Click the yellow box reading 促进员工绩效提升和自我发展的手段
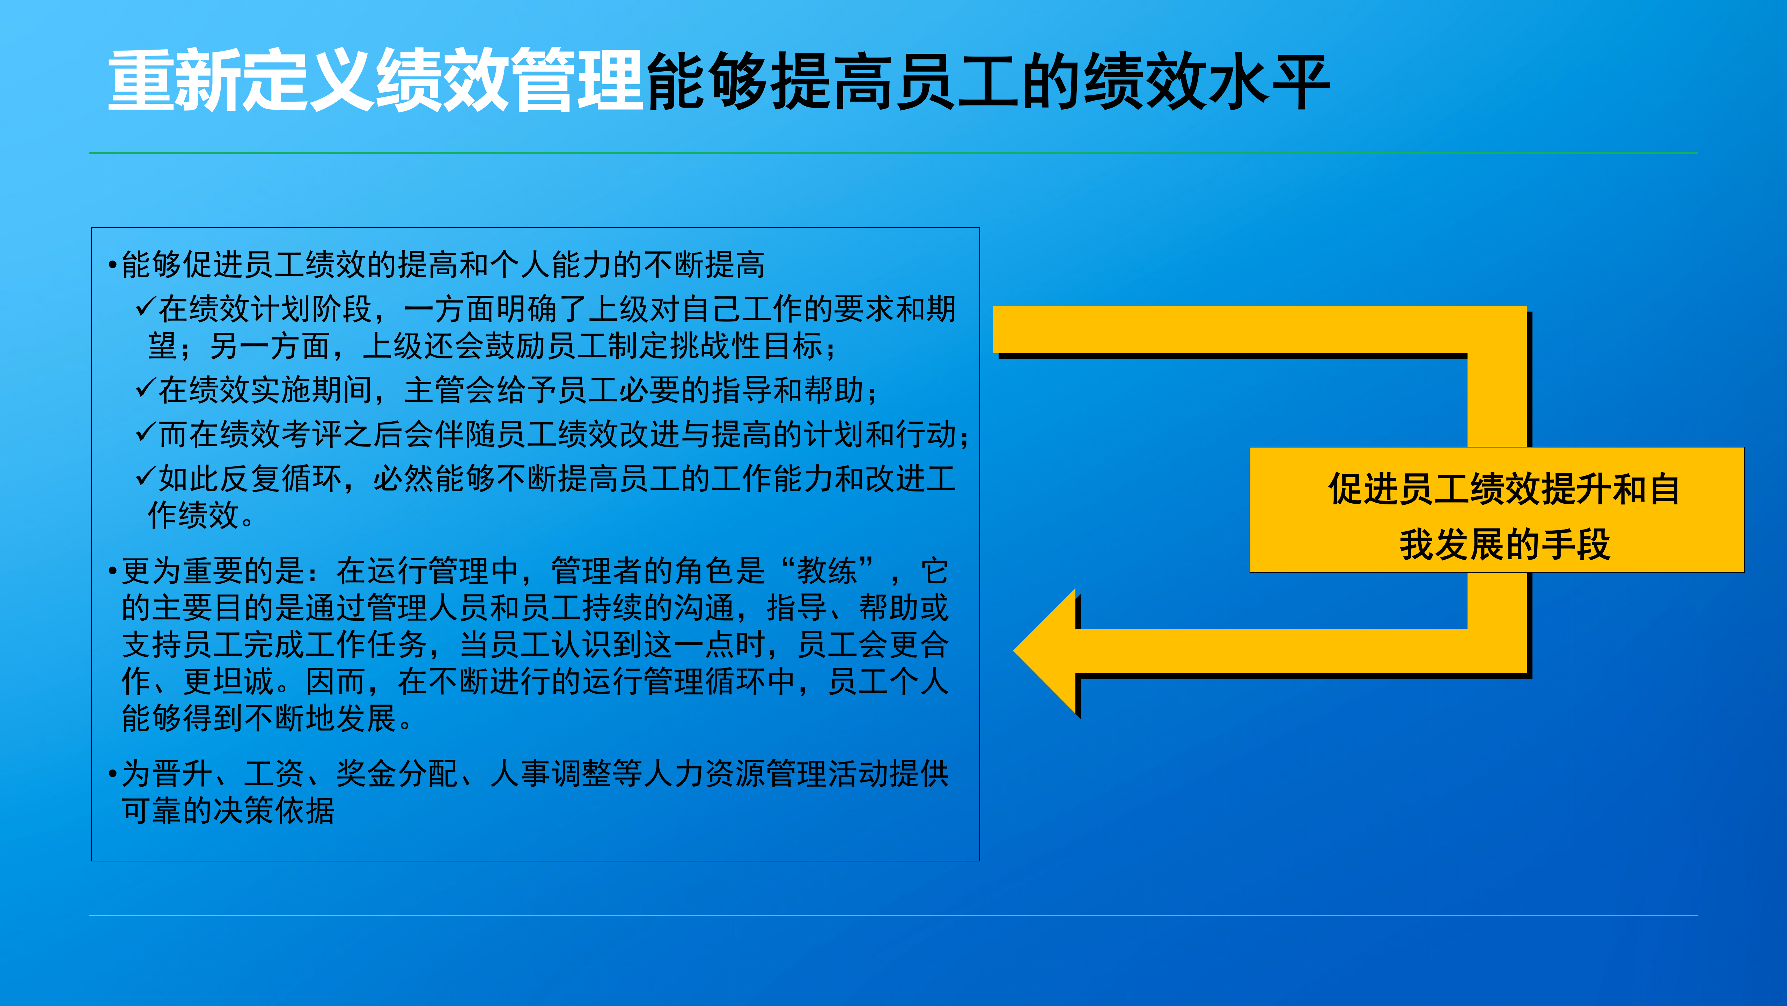1496,510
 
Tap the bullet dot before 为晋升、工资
112,774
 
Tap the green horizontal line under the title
893,153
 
